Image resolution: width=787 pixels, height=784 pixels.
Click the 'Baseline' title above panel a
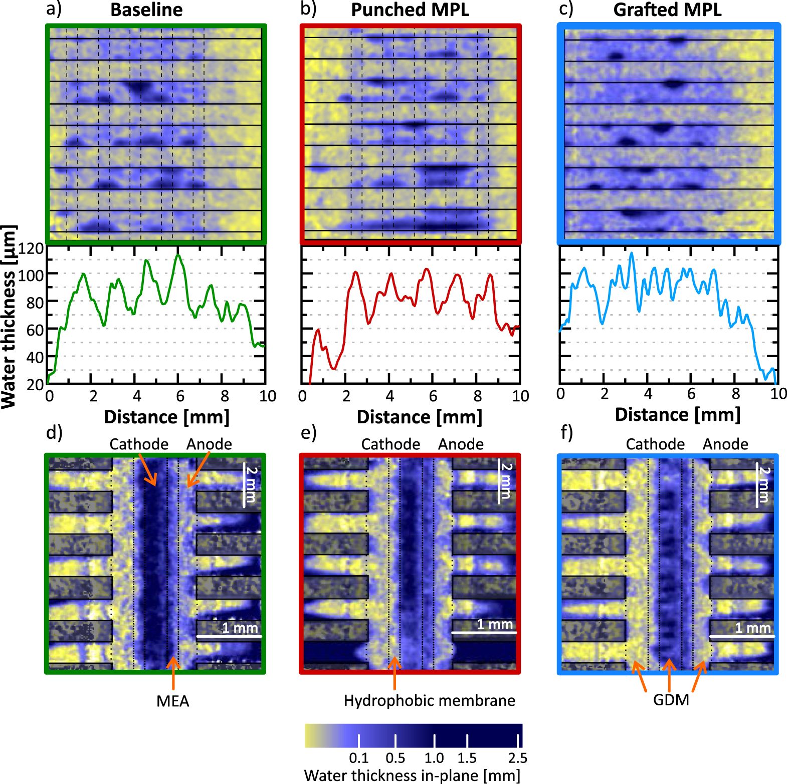[x=146, y=10]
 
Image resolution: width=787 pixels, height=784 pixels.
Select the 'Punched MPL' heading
[x=410, y=10]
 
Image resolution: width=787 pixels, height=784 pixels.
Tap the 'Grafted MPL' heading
[x=667, y=10]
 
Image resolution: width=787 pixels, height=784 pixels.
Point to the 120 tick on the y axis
[x=31, y=248]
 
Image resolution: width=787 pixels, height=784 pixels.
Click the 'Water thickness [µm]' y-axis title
[x=9, y=317]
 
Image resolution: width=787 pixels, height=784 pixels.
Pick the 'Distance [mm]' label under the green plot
[x=166, y=417]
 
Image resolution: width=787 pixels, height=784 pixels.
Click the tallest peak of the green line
[x=178, y=256]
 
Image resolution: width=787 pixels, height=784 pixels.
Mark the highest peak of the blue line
[x=632, y=253]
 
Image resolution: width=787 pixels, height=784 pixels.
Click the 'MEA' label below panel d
[x=173, y=701]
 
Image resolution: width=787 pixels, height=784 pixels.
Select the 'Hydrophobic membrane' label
[x=429, y=700]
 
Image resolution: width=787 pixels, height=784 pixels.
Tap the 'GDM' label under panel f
[x=671, y=700]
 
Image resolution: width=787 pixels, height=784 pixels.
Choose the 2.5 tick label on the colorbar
[x=517, y=757]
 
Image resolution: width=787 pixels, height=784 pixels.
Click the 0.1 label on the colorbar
[x=358, y=757]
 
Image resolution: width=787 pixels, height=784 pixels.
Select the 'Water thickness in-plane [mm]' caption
[x=412, y=775]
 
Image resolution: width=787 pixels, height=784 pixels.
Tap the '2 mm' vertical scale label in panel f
[x=764, y=484]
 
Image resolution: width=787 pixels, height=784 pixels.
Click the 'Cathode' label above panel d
[x=139, y=444]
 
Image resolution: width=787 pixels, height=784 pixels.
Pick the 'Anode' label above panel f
[x=725, y=444]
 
